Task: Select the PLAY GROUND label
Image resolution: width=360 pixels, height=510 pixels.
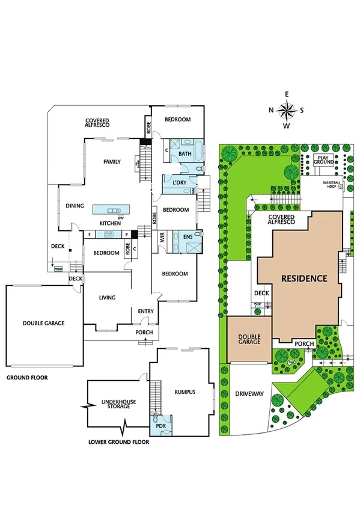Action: [x=325, y=160]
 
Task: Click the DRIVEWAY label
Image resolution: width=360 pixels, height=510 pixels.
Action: [x=249, y=394]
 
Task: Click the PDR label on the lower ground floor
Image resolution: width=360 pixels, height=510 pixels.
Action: [x=161, y=427]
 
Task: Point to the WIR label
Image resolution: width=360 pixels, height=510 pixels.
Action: [x=162, y=237]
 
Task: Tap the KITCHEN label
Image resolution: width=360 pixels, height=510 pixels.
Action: [x=111, y=224]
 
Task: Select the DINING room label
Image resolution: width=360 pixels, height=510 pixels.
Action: [x=75, y=206]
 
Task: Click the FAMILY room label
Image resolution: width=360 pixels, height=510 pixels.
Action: [x=112, y=162]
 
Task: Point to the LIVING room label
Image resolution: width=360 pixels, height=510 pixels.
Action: [x=107, y=298]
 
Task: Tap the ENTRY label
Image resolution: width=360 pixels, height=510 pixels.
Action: [x=145, y=311]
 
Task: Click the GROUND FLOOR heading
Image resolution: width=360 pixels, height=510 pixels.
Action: [x=27, y=378]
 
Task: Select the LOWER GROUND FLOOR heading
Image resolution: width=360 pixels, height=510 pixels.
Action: [x=118, y=441]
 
